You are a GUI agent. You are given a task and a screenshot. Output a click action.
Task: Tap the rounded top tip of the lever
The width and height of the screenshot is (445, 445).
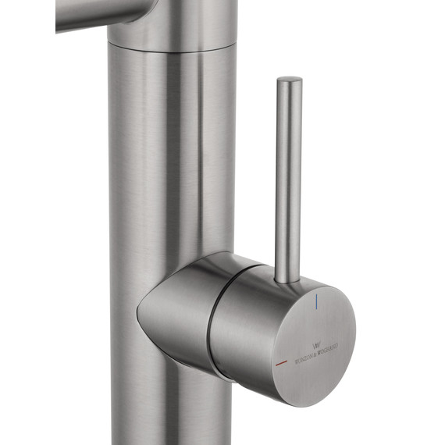click(290, 80)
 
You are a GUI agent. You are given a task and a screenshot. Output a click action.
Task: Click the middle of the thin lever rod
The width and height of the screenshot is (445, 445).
click(289, 180)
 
